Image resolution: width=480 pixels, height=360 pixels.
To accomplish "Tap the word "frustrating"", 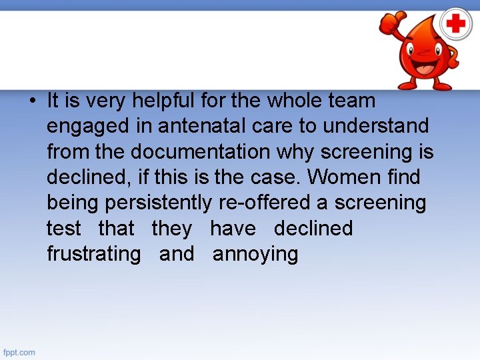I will coord(93,254).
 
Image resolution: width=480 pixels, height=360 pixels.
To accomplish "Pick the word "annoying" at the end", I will coord(255,255).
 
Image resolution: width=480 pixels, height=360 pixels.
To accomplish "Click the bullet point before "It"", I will coord(32,101).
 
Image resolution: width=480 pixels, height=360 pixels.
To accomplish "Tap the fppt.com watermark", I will coord(19,351).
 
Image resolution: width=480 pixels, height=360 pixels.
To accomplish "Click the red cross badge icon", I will coord(455,25).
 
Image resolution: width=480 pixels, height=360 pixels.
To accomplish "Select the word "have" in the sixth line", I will coord(233,229).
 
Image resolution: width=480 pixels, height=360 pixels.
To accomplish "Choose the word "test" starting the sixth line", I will coord(63,229).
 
